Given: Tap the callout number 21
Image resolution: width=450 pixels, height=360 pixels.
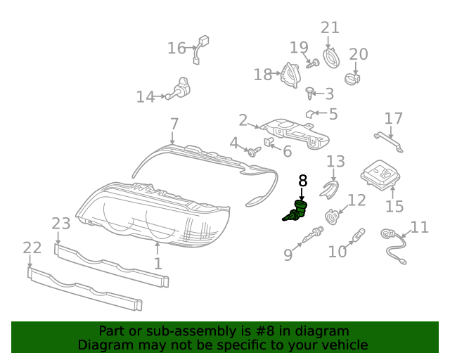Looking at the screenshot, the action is tap(330, 28).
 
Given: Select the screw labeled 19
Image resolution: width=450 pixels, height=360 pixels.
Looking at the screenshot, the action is tap(313, 64).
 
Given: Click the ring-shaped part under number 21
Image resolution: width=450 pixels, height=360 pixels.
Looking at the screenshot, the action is tap(331, 59).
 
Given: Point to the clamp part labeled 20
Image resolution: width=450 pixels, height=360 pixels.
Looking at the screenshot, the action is tap(352, 79).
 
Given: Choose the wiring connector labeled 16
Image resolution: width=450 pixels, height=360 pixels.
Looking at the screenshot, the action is tap(200, 49).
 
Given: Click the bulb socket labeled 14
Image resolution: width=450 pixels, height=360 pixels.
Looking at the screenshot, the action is tap(179, 88).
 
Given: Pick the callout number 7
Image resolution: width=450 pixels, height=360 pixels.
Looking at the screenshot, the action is tap(174, 124).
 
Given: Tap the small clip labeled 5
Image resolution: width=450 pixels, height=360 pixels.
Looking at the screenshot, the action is tap(310, 114).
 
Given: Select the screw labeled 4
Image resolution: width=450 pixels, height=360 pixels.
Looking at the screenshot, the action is tap(255, 152).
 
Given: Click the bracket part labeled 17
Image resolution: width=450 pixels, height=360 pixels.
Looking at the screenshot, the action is tap(389, 142).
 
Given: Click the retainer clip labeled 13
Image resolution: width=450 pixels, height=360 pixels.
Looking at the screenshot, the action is tap(330, 189).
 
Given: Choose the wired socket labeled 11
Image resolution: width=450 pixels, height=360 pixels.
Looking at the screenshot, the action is tap(393, 247).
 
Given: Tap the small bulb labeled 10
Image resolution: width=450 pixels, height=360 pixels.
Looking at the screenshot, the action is tap(359, 236).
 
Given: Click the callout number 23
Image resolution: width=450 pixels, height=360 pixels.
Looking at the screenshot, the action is tap(61, 224).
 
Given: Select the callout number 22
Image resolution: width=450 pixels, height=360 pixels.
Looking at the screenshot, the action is tap(32, 247).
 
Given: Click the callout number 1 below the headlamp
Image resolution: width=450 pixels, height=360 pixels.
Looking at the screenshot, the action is tap(157, 264).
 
